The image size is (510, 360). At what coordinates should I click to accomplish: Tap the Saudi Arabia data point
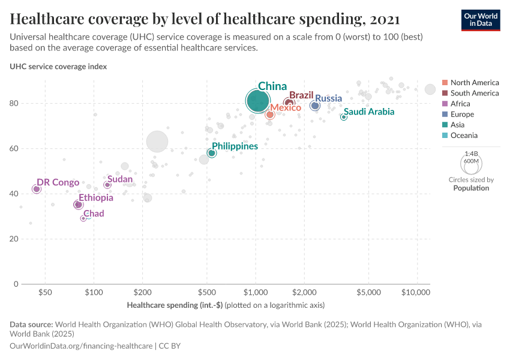[344, 117]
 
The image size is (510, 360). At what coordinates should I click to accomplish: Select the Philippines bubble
[212, 153]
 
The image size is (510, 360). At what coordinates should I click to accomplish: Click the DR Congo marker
[37, 189]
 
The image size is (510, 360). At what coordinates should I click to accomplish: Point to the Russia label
[328, 98]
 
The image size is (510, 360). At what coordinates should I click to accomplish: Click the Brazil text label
[302, 95]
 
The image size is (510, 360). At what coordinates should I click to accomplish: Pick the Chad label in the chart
[94, 214]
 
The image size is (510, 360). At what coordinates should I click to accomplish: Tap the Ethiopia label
[95, 198]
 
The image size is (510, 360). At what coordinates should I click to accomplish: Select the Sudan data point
[107, 185]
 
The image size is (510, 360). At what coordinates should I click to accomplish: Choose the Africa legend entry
[461, 104]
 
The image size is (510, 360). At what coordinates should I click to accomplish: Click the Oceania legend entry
[465, 136]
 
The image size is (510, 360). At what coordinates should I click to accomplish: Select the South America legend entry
[474, 93]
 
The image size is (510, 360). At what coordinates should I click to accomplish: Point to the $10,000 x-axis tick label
[416, 293]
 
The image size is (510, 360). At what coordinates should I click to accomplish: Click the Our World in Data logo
[481, 20]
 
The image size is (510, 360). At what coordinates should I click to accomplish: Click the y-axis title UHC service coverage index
[58, 67]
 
